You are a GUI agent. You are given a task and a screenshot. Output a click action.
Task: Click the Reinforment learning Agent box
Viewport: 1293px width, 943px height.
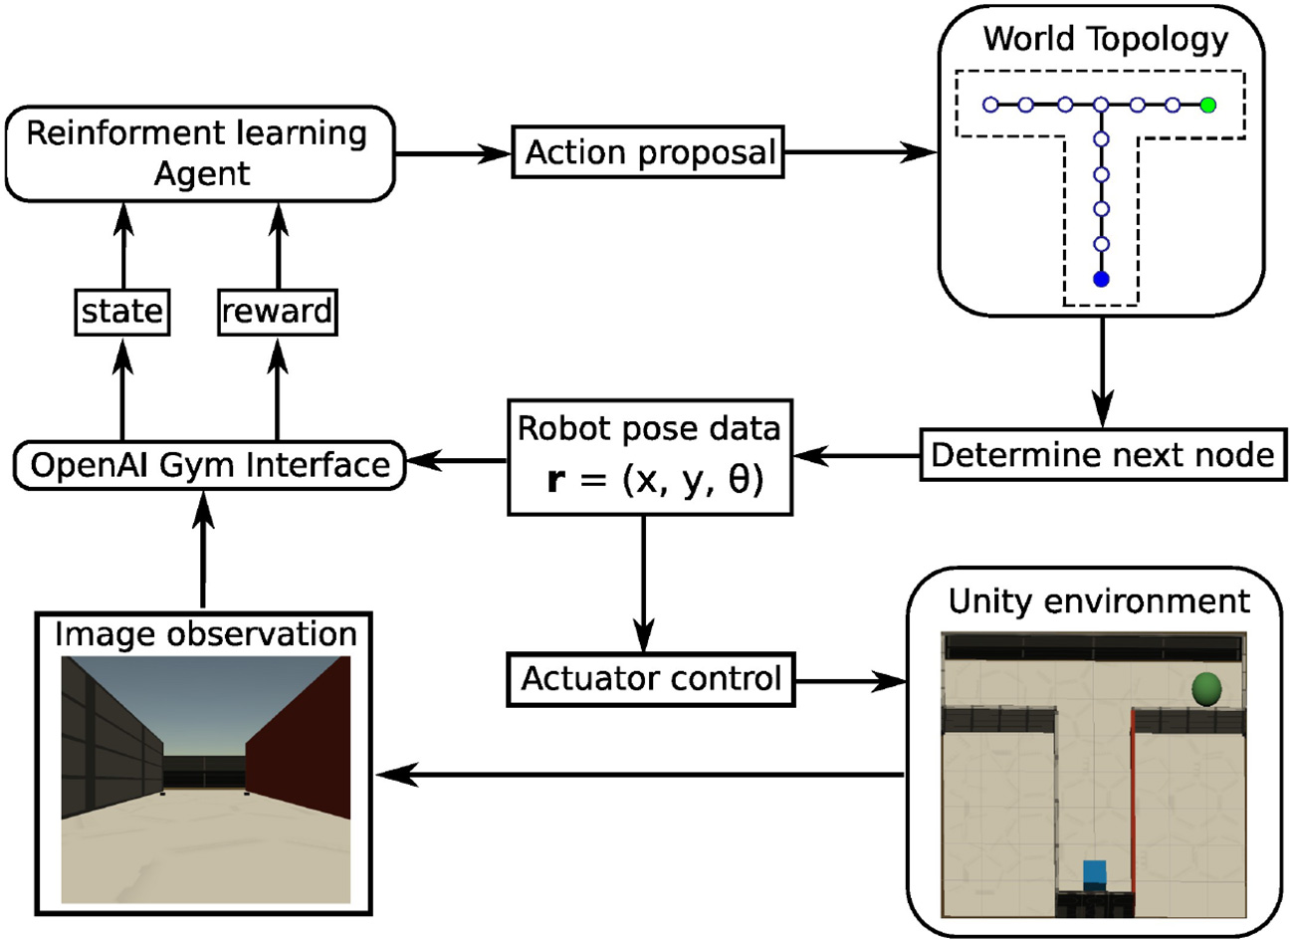coord(199,153)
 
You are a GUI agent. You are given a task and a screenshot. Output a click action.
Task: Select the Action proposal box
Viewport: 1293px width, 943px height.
coord(649,152)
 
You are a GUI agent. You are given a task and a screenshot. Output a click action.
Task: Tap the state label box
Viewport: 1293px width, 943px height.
coord(122,312)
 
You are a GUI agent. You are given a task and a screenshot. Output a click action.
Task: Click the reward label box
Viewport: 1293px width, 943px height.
coord(277,312)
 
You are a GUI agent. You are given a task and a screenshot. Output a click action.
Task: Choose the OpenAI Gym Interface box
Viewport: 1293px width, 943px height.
coord(210,465)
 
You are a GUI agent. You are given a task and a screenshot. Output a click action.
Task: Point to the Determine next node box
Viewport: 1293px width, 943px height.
coord(1102,455)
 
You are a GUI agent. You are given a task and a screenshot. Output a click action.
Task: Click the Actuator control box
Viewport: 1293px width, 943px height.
coord(651,679)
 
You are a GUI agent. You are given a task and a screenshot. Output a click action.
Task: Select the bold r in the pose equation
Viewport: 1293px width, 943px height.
coord(555,480)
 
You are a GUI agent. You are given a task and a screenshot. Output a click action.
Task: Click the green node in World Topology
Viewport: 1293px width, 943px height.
coord(1208,105)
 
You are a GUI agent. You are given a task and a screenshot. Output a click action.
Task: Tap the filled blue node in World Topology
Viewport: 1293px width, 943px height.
coord(1101,280)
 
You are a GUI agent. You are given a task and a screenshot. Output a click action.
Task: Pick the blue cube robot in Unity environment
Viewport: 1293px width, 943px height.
coord(1095,873)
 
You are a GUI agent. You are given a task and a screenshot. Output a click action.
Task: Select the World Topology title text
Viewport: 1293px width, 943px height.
coord(1105,40)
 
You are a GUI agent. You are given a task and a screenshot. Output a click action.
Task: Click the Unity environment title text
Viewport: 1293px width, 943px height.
coord(1099,601)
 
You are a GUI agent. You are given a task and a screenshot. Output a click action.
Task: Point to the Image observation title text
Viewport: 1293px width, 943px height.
coord(205,634)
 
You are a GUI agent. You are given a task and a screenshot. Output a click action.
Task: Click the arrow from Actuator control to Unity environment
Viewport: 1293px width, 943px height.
coord(851,682)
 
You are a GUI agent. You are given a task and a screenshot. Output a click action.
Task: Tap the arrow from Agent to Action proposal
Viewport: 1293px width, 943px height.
coord(453,153)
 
